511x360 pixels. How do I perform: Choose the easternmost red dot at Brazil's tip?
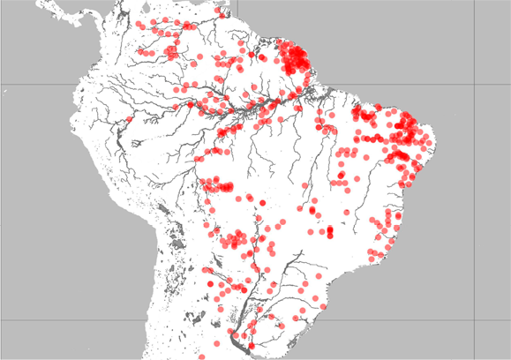point(430,139)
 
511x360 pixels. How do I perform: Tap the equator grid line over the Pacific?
point(35,85)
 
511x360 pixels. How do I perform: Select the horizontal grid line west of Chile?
point(71,321)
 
